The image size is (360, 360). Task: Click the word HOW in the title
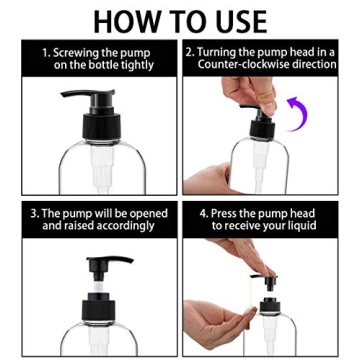coord(128,20)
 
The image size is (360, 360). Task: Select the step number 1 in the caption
coord(45,51)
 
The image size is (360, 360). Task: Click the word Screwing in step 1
coord(76,51)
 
